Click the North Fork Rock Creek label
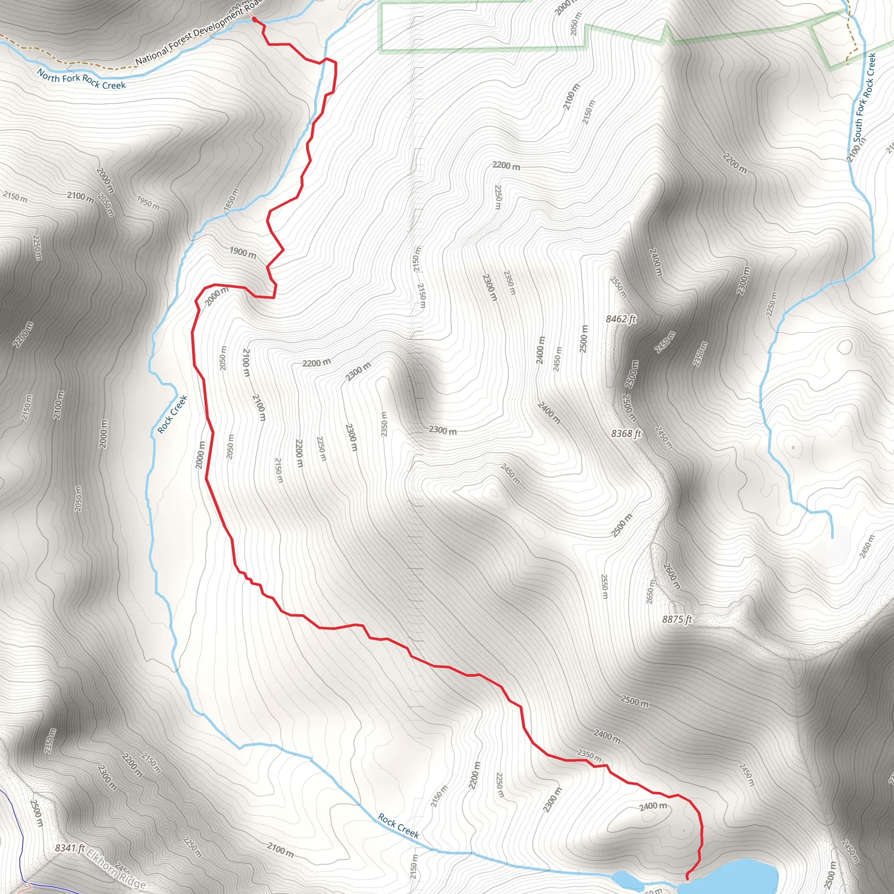(82, 79)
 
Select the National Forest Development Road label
(199, 31)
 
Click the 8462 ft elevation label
(621, 319)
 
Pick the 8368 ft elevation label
(626, 433)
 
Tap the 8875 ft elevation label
(677, 619)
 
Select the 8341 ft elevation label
(70, 848)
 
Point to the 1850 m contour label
(232, 200)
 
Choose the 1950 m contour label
(148, 203)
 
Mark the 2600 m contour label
(672, 576)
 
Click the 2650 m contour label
(650, 591)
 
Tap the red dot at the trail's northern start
(254, 20)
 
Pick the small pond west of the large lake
(623, 876)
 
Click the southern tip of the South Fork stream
(832, 537)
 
